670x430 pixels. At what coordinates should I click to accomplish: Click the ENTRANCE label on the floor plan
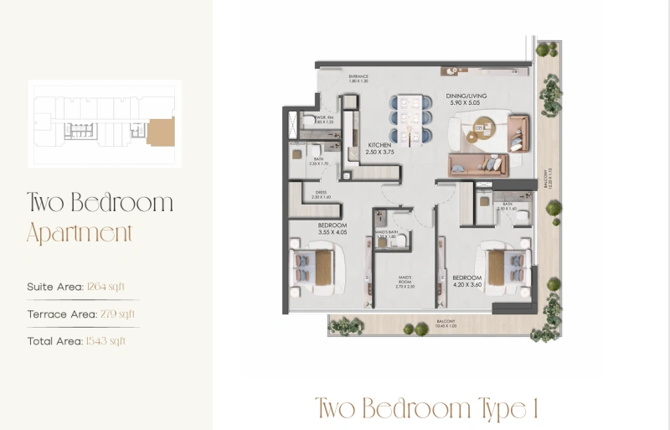359,76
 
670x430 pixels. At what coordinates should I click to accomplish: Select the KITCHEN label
379,145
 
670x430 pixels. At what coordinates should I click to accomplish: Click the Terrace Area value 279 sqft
116,313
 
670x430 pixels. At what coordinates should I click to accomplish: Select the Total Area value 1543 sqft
106,340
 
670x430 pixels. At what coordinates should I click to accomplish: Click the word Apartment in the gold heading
80,233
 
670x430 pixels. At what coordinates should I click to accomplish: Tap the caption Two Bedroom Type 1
425,408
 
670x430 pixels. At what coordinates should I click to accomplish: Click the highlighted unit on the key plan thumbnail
160,131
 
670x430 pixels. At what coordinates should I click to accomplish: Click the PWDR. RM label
326,118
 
